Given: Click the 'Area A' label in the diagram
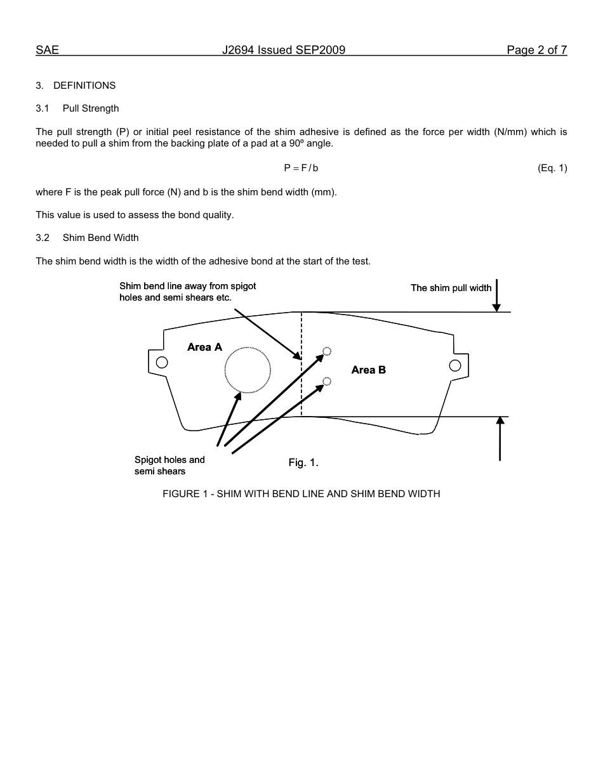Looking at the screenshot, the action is (x=204, y=347).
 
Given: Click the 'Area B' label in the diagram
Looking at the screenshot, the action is (x=368, y=370).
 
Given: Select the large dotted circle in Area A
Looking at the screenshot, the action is (x=248, y=370).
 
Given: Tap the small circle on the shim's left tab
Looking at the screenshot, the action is (x=162, y=362).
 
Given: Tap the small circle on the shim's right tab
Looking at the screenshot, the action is (x=454, y=365).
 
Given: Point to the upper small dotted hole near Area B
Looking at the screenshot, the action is (x=327, y=351).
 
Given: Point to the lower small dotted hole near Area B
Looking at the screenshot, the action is (x=327, y=381).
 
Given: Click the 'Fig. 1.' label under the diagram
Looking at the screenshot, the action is (x=303, y=463).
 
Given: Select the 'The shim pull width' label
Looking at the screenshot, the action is (x=451, y=288).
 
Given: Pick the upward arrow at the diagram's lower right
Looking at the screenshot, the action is (x=500, y=438).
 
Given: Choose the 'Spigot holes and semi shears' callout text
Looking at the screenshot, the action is (x=169, y=465).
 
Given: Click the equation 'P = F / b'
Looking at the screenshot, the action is (x=301, y=168).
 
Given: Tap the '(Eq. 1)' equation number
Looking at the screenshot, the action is (x=552, y=168).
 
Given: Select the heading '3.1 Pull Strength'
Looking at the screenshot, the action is (x=77, y=108).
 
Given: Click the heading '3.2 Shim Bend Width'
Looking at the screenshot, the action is (x=87, y=238).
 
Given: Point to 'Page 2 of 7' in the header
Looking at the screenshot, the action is (x=536, y=50).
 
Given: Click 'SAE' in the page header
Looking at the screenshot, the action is (x=48, y=50).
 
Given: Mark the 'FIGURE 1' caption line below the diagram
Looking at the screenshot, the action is (x=301, y=493).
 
